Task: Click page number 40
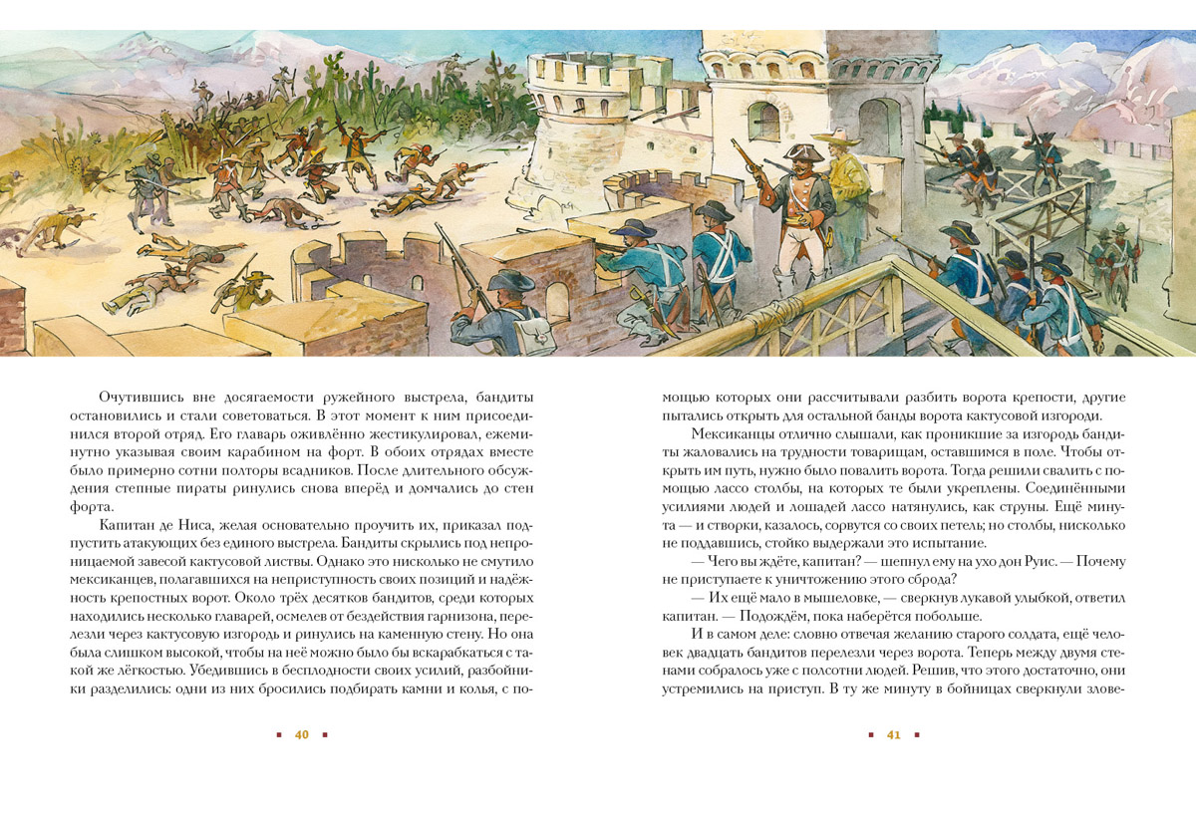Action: click(302, 735)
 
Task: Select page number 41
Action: click(893, 735)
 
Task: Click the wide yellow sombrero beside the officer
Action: click(838, 138)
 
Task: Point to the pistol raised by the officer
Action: click(745, 159)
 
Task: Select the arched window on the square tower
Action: click(762, 121)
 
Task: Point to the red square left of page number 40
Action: click(279, 735)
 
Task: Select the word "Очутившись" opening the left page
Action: click(141, 397)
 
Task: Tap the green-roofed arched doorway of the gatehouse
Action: click(878, 125)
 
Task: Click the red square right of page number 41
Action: click(916, 735)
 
